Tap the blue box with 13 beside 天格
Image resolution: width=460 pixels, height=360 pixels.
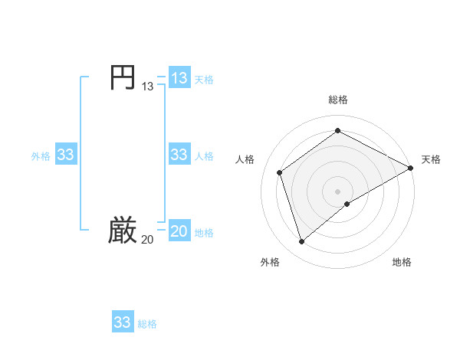point(179,78)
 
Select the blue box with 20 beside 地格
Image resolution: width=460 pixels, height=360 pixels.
point(179,232)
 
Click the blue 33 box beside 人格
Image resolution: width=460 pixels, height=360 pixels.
point(179,155)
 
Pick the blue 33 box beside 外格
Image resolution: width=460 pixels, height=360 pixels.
point(65,155)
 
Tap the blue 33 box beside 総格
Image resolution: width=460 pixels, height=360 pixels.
point(123,322)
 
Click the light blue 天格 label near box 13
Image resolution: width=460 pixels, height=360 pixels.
point(204,79)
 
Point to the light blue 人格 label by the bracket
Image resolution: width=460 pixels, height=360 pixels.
point(204,155)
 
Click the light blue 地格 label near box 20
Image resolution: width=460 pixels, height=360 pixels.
point(204,233)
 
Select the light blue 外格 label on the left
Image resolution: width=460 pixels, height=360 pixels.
point(41,155)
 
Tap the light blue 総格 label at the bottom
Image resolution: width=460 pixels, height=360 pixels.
point(147,323)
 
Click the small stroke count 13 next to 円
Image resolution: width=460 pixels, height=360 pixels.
point(147,87)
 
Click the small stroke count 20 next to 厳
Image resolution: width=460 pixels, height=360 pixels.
point(147,241)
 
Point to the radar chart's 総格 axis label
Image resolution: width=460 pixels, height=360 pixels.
point(337,100)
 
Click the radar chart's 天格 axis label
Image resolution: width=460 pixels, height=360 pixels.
point(431,159)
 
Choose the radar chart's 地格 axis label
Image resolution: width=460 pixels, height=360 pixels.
point(402,262)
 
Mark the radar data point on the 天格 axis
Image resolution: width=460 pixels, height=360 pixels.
point(411,168)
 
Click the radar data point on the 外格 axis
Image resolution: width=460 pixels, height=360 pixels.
point(302,242)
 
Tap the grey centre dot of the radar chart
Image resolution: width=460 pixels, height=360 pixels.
point(337,191)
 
